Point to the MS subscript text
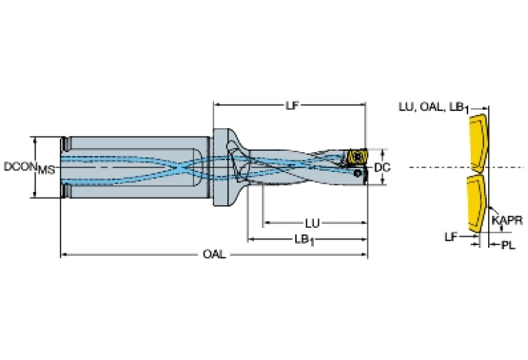(46, 170)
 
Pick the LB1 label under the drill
(303, 239)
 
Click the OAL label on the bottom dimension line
(212, 255)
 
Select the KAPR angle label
(507, 220)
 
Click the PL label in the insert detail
(507, 245)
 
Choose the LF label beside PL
(451, 237)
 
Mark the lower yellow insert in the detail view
(476, 204)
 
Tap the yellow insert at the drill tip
(356, 157)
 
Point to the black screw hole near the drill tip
(357, 175)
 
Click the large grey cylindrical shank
(138, 167)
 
